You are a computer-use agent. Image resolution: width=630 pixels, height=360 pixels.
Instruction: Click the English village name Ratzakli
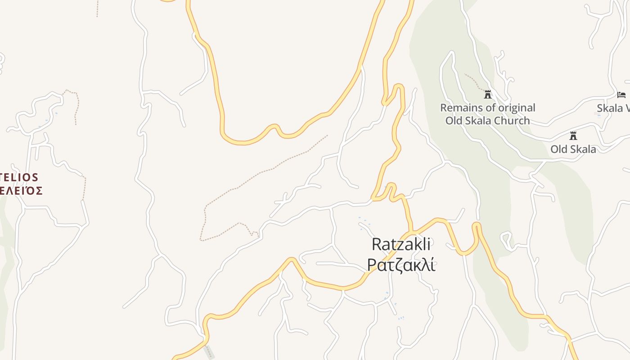401,245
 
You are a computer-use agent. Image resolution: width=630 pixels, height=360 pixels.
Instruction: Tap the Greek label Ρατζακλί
401,265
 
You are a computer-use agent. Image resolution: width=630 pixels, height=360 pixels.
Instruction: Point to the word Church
512,121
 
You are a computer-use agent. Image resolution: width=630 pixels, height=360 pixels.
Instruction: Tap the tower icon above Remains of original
487,94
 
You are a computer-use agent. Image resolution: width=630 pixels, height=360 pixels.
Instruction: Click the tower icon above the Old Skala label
573,135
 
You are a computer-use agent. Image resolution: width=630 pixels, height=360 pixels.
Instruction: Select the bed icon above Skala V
621,94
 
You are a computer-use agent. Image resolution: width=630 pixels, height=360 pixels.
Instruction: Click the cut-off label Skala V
613,108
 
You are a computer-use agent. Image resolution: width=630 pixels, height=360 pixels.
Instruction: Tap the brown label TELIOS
19,177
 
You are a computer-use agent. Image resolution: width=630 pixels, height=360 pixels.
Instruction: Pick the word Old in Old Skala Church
454,121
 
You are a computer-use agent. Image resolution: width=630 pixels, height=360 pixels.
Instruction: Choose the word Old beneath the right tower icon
559,149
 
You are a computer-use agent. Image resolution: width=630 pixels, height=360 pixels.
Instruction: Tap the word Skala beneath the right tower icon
583,149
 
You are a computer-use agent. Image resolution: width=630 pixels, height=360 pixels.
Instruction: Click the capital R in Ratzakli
377,245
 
